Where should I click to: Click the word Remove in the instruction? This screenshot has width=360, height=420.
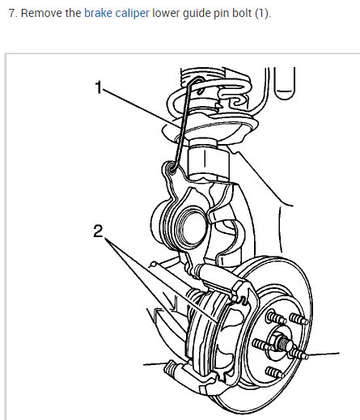pyautogui.click(x=41, y=13)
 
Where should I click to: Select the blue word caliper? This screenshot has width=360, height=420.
pyautogui.click(x=132, y=14)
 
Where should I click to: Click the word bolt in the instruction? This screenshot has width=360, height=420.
pyautogui.click(x=242, y=13)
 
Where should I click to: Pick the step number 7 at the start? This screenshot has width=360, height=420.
pyautogui.click(x=12, y=13)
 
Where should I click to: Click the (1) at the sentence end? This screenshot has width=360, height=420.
pyautogui.click(x=262, y=14)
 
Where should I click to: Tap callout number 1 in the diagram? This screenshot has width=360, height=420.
pyautogui.click(x=99, y=87)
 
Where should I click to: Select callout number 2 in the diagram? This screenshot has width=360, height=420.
pyautogui.click(x=98, y=231)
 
